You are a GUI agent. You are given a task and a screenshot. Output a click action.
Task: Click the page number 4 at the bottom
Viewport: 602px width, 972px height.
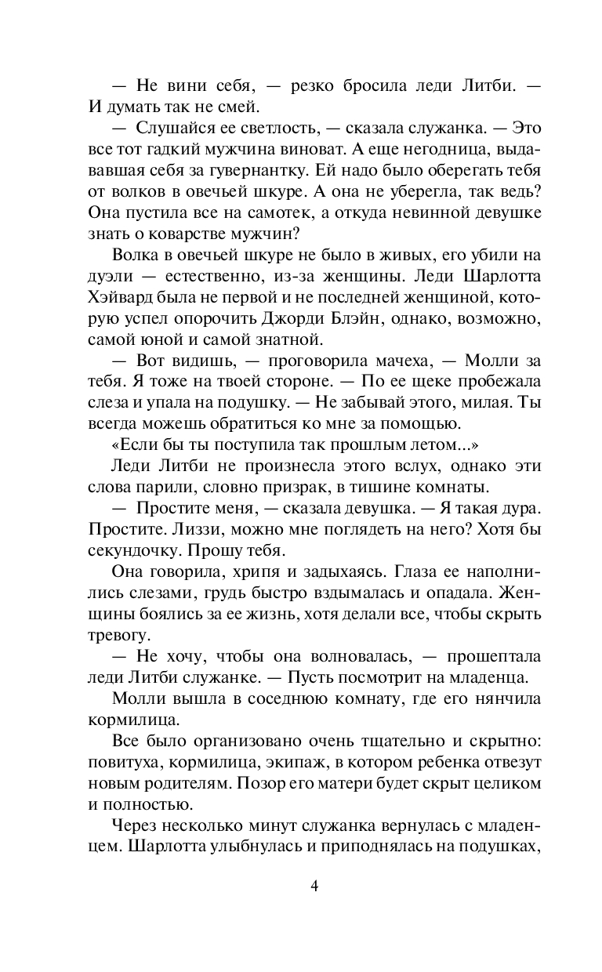(314, 887)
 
